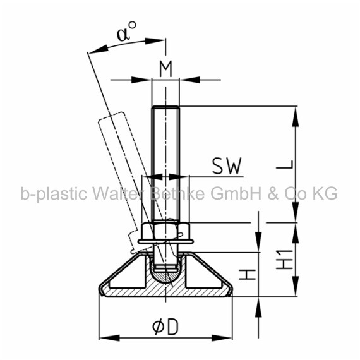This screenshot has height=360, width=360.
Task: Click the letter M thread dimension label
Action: click(x=165, y=69)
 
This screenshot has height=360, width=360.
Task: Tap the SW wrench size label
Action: click(x=227, y=165)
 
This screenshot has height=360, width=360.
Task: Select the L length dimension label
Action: click(x=285, y=164)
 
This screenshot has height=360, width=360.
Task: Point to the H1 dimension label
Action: click(x=285, y=259)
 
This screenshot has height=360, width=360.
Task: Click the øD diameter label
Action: click(x=165, y=327)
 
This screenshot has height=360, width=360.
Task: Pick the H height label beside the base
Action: click(x=248, y=275)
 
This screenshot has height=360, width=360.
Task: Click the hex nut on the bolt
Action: click(x=165, y=231)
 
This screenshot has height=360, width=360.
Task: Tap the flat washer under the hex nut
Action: click(x=165, y=241)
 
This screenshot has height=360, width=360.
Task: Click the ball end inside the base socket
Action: click(x=165, y=275)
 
